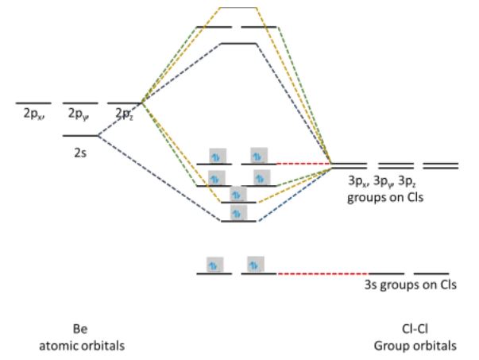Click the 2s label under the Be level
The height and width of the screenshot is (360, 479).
click(x=80, y=150)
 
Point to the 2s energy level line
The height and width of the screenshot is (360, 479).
click(x=80, y=136)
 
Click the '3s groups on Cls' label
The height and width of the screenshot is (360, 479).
click(x=410, y=284)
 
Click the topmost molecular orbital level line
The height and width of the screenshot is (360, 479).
click(x=238, y=8)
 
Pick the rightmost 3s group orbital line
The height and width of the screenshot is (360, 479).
click(x=431, y=273)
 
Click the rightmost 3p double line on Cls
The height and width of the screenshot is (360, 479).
click(x=441, y=166)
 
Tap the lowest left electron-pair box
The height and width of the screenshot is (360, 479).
click(x=214, y=264)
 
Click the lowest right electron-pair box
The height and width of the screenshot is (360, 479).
click(x=256, y=264)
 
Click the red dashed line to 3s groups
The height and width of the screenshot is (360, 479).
click(x=322, y=273)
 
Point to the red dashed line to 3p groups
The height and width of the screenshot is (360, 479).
click(x=303, y=164)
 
